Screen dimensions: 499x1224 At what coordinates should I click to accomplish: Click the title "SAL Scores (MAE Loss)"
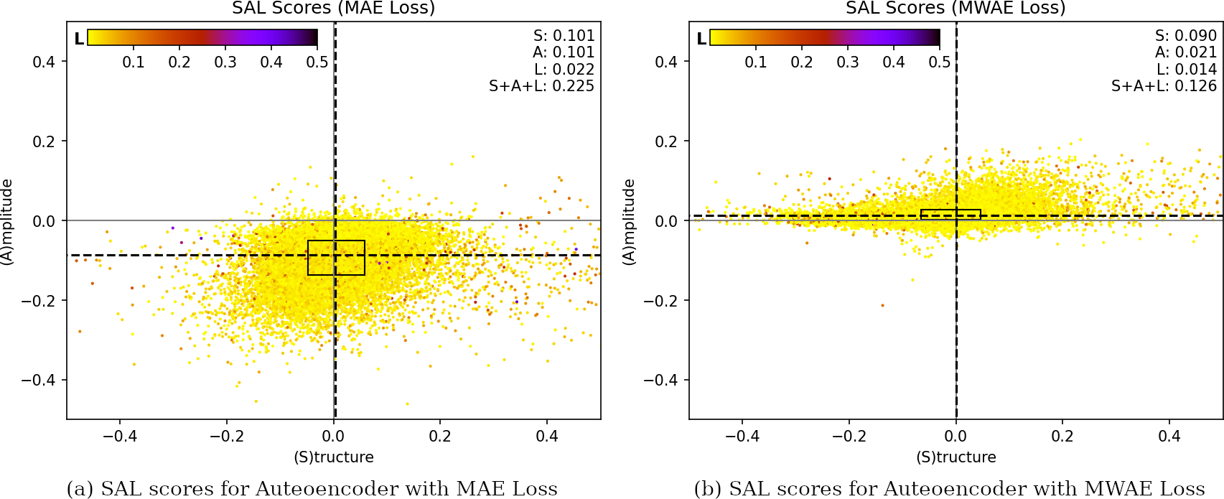333,9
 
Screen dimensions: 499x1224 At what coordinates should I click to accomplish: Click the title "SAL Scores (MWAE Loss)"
956,9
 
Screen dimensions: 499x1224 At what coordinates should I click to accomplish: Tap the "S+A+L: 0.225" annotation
541,86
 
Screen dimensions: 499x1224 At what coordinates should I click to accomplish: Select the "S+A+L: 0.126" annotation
1164,86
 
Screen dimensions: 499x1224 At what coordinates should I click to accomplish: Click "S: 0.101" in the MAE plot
564,36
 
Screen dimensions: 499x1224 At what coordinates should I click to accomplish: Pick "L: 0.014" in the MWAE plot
1186,70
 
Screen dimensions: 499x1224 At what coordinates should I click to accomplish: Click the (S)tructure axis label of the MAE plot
334,457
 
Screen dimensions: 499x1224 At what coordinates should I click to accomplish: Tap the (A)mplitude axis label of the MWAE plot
629,222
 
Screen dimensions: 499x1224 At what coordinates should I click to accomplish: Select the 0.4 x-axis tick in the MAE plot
547,437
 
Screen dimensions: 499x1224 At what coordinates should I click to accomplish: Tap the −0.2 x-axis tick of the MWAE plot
849,437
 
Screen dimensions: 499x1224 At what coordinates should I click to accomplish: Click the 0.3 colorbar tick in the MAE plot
225,62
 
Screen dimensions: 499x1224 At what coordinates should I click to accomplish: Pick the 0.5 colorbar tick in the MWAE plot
940,62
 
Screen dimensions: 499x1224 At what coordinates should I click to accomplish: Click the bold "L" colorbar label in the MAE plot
79,38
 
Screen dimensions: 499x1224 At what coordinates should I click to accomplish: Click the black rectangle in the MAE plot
336,258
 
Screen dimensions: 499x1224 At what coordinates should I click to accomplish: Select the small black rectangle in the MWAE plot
950,215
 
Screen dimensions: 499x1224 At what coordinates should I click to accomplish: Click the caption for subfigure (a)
312,489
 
